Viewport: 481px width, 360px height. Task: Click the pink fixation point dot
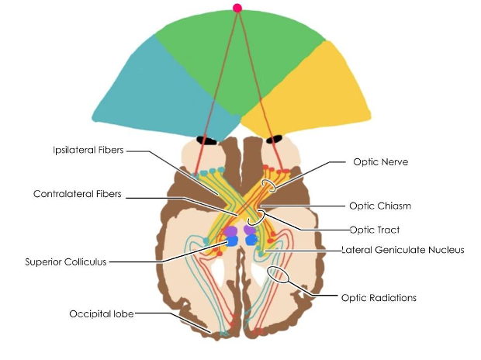(237, 8)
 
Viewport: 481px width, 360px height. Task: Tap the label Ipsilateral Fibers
(88, 150)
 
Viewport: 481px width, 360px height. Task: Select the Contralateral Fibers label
(78, 194)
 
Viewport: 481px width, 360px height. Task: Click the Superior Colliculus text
(66, 261)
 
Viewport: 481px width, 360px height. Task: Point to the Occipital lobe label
(102, 314)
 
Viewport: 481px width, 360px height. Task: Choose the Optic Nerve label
(381, 161)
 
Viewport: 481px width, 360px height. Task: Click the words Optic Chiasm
(380, 206)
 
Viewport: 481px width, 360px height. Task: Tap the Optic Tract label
(375, 230)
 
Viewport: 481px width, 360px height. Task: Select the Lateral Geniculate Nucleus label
(403, 250)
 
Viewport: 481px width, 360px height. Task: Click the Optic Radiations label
(379, 298)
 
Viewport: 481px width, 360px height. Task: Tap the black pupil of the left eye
(206, 140)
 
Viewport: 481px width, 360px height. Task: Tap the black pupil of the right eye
(274, 140)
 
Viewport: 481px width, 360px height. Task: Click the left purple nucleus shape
(230, 230)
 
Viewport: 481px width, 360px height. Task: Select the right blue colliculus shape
(251, 240)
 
